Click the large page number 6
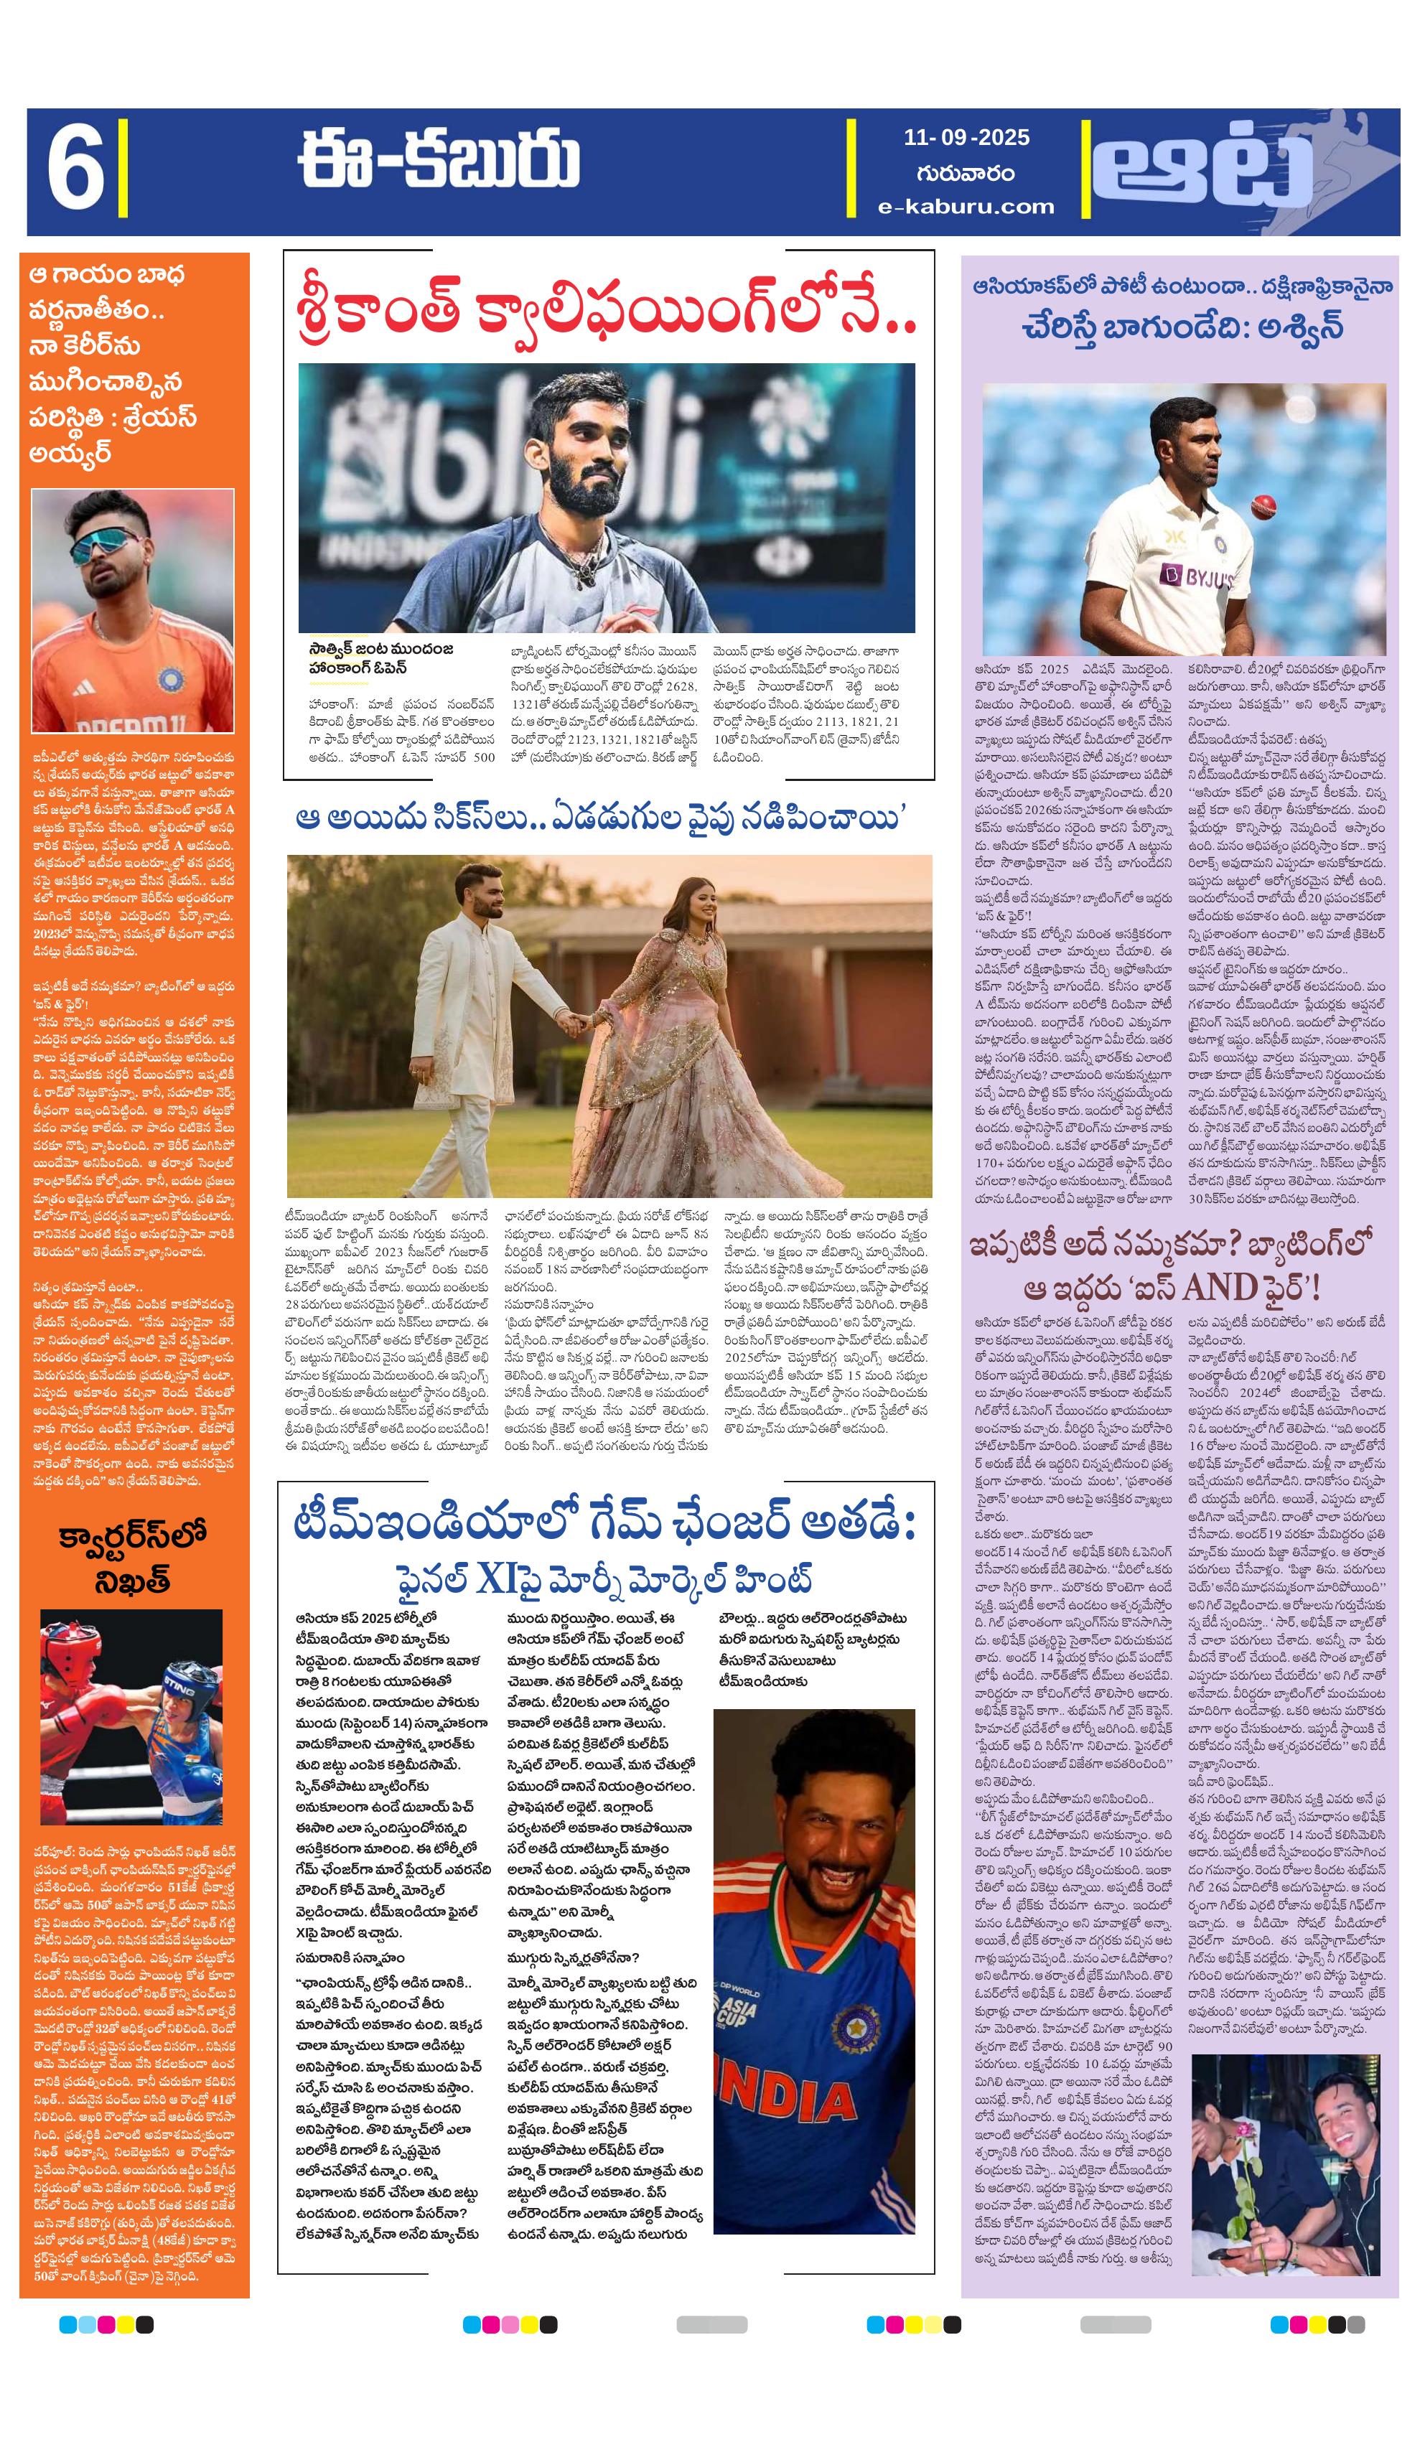pyautogui.click(x=75, y=172)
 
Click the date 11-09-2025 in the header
pyautogui.click(x=966, y=138)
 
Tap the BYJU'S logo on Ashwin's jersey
pyautogui.click(x=1195, y=579)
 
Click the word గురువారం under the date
pyautogui.click(x=966, y=172)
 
